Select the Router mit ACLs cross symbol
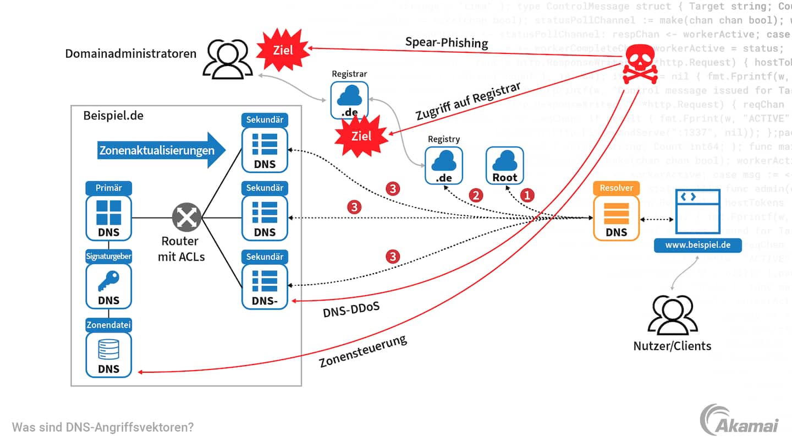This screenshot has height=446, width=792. [x=187, y=217]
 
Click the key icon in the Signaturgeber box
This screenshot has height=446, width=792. [x=108, y=281]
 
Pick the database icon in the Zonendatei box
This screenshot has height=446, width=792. [x=108, y=349]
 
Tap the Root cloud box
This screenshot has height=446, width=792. [x=505, y=165]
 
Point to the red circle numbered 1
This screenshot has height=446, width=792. [x=527, y=195]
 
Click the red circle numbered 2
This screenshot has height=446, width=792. [x=475, y=195]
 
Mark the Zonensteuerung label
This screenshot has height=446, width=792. [x=362, y=351]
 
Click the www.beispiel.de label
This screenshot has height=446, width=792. [x=697, y=244]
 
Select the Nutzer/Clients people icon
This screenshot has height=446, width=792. [x=672, y=316]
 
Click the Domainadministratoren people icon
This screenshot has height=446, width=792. [x=226, y=59]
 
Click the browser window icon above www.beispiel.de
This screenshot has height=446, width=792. [x=698, y=211]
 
